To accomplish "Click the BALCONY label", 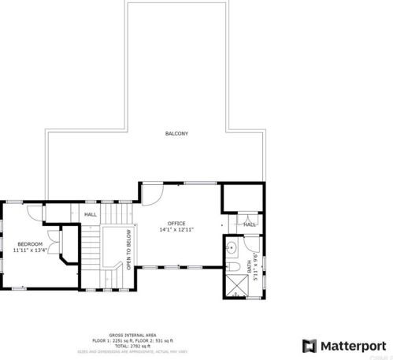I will click(x=176, y=134).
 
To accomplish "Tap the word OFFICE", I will click(x=176, y=223).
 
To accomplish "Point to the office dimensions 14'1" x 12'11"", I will click(x=176, y=230).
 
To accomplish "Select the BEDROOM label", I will click(x=29, y=244).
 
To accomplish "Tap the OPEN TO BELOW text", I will click(x=128, y=254).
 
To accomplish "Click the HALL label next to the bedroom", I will click(x=91, y=214).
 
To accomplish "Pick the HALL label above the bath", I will click(x=249, y=225).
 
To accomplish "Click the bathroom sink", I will click(x=232, y=250).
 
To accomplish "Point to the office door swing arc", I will click(x=154, y=194).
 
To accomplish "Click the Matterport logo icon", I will click(x=309, y=346).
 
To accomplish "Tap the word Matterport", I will click(x=354, y=346).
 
